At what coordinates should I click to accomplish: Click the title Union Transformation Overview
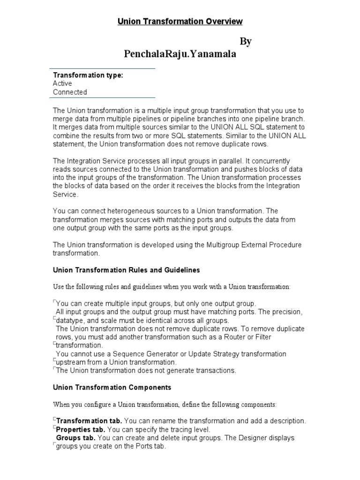coord(180,21)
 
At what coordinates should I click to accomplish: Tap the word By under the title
coord(246,42)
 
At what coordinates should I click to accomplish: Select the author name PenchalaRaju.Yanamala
coord(180,54)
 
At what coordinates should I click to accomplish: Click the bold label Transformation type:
coord(88,75)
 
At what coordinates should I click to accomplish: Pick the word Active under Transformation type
coord(62,83)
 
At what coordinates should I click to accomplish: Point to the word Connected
coord(70,92)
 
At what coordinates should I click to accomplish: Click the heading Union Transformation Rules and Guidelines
coord(126,270)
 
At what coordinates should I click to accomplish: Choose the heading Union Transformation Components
coord(112,387)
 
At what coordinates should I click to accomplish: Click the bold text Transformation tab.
coord(90,420)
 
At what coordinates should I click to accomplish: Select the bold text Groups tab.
coord(76,438)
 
